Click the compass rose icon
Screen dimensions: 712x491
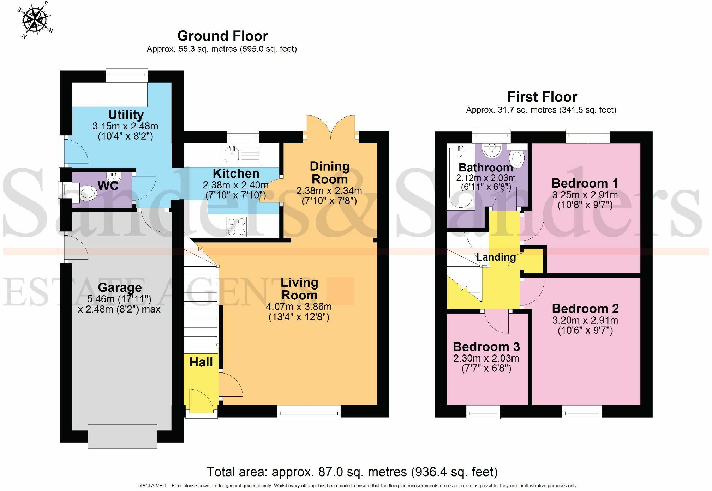click(x=35, y=20)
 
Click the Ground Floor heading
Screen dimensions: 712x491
click(x=222, y=36)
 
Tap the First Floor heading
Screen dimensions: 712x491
click(x=542, y=97)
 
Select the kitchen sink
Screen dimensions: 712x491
click(x=242, y=155)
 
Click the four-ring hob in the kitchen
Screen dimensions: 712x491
click(x=237, y=226)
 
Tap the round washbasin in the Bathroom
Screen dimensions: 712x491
click(x=492, y=151)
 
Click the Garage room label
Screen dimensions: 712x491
click(x=120, y=287)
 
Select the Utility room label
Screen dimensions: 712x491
click(x=126, y=115)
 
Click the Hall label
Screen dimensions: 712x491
click(x=201, y=362)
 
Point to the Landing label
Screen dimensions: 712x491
click(x=496, y=257)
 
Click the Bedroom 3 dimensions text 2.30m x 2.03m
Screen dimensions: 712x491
click(x=486, y=358)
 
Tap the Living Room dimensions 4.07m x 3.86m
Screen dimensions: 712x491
click(x=299, y=306)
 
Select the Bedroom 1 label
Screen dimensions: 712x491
click(x=585, y=183)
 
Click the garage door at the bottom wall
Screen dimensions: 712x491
click(x=122, y=436)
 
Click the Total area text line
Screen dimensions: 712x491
click(x=352, y=472)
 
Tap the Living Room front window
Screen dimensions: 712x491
click(x=309, y=412)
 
